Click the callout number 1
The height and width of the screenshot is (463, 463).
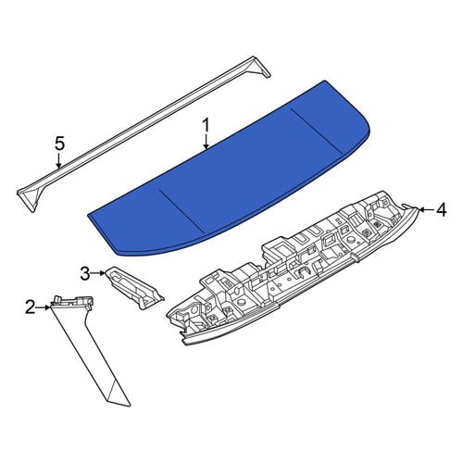pyautogui.click(x=206, y=126)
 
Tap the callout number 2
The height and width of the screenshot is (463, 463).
pyautogui.click(x=30, y=307)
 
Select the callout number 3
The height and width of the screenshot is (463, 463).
pyautogui.click(x=85, y=273)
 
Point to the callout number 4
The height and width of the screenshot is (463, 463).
pyautogui.click(x=441, y=209)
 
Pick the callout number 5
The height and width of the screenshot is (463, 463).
pyautogui.click(x=59, y=144)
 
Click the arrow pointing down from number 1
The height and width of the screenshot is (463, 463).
pyautogui.click(x=206, y=143)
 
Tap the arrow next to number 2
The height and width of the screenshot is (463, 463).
pyautogui.click(x=43, y=307)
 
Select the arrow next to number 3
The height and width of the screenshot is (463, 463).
pyautogui.click(x=98, y=273)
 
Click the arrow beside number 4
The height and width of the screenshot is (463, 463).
pyautogui.click(x=427, y=209)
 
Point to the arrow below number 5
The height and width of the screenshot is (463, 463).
pyautogui.click(x=58, y=160)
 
